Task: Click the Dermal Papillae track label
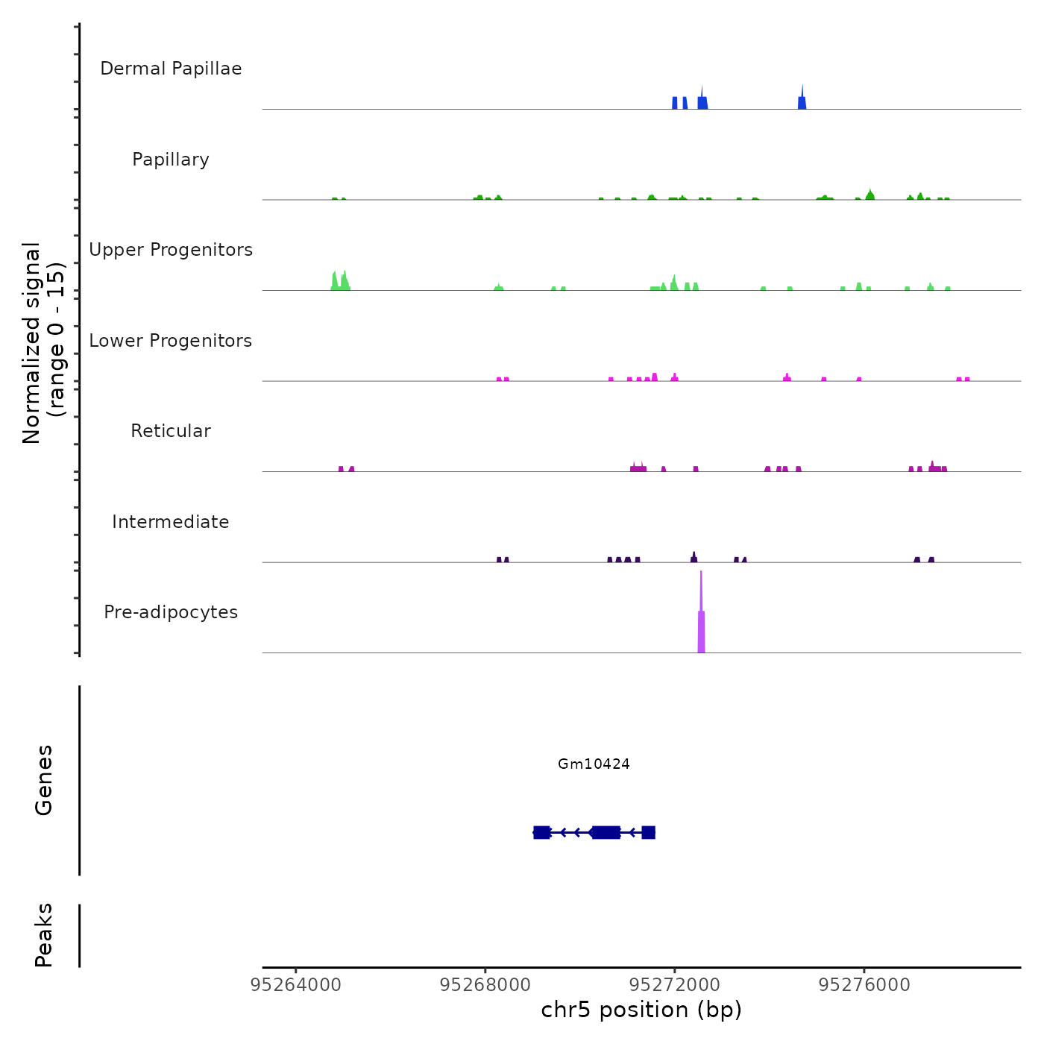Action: click(171, 69)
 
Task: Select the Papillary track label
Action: click(171, 160)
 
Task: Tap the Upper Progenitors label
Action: click(171, 250)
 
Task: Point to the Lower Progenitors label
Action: click(171, 341)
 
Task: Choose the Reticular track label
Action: click(171, 431)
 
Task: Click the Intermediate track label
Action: click(171, 522)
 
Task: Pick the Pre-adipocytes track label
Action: click(171, 612)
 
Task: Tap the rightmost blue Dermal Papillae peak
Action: click(802, 101)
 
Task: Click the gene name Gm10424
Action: click(594, 764)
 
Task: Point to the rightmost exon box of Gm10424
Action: click(648, 832)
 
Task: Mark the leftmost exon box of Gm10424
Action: click(541, 832)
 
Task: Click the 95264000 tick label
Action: click(296, 985)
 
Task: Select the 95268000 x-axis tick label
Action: click(485, 985)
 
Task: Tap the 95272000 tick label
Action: click(675, 985)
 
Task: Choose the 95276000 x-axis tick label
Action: click(864, 985)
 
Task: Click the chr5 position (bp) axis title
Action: click(641, 1010)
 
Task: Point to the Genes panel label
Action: click(44, 779)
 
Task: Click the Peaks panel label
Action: click(44, 934)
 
